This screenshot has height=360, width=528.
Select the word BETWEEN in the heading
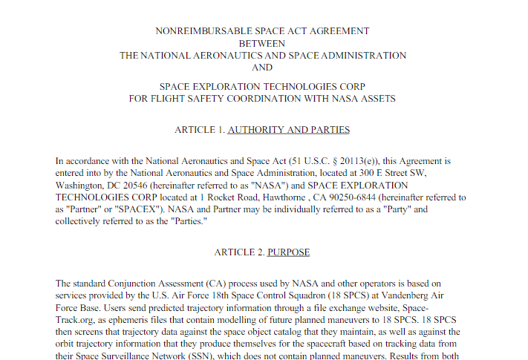click(x=262, y=43)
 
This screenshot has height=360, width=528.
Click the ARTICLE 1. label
click(x=199, y=130)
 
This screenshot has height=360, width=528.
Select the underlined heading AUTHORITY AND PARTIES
click(x=288, y=130)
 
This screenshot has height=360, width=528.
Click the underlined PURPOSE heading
click(x=289, y=252)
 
